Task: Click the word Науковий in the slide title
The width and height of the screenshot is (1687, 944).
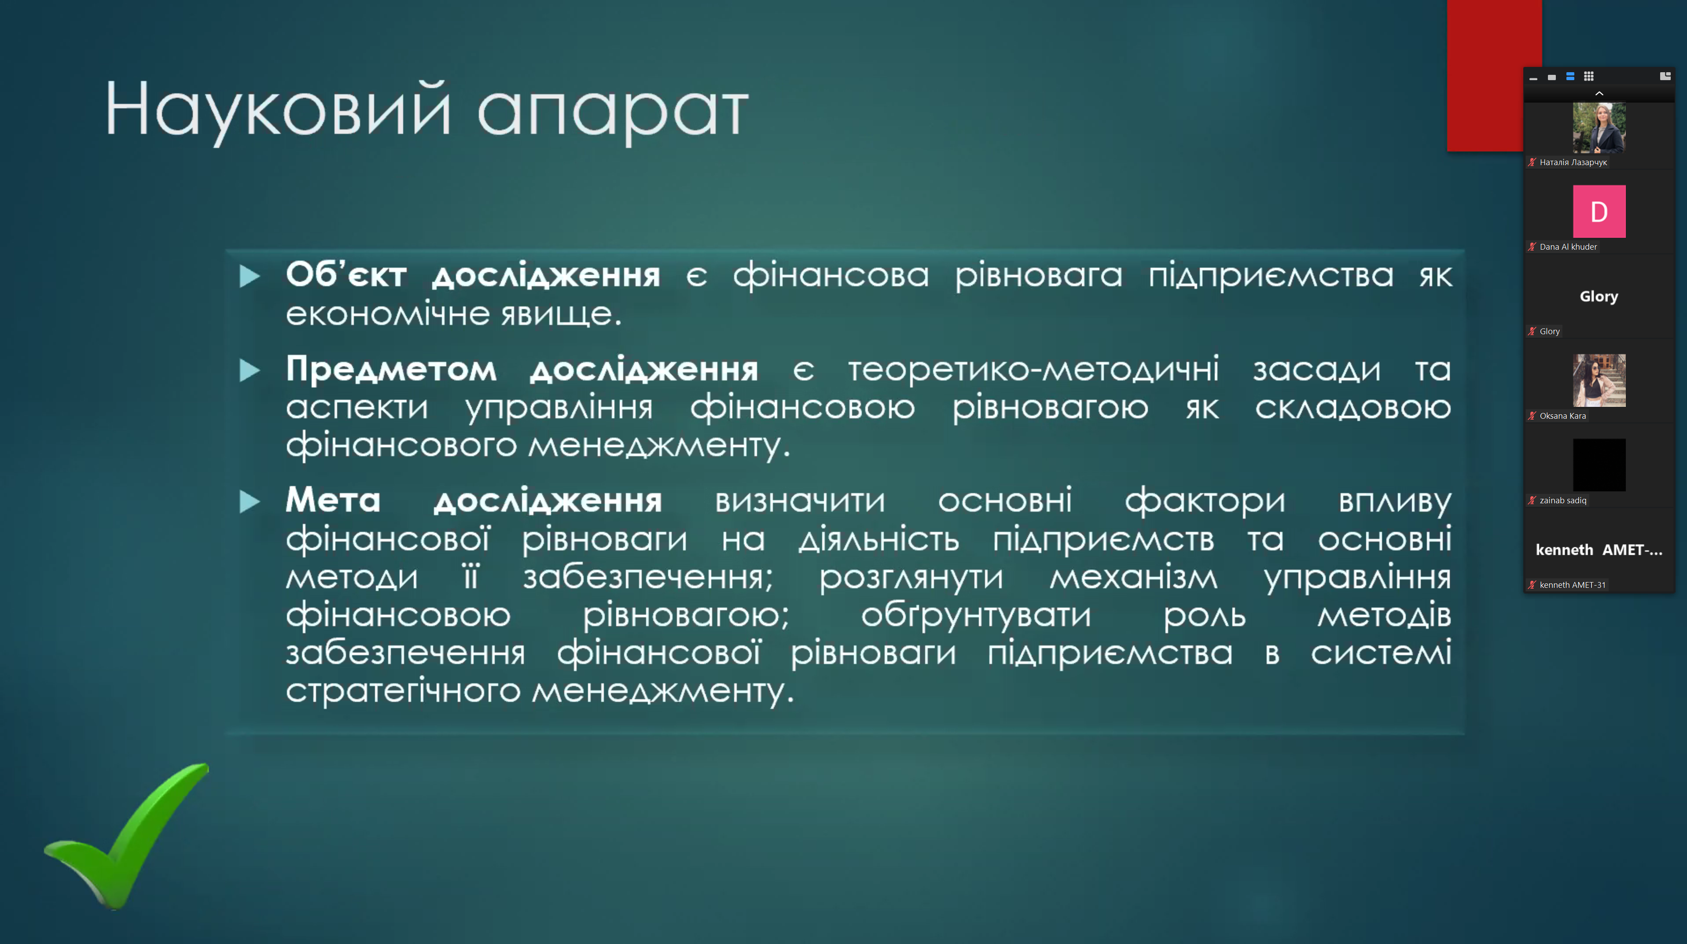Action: pyautogui.click(x=278, y=110)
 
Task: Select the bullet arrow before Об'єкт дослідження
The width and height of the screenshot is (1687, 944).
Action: pyautogui.click(x=250, y=276)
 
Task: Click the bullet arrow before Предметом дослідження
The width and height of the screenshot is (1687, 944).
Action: pyautogui.click(x=250, y=370)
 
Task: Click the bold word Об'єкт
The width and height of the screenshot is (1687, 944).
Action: pyautogui.click(x=346, y=274)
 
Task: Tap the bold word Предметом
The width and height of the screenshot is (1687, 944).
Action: pyautogui.click(x=391, y=369)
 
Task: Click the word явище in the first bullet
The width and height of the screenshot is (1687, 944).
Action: pyautogui.click(x=561, y=314)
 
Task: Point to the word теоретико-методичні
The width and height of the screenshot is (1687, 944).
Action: pyautogui.click(x=1033, y=369)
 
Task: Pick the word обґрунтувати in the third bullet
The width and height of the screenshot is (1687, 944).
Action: pyautogui.click(x=976, y=616)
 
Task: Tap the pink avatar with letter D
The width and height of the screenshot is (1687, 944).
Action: pyautogui.click(x=1599, y=211)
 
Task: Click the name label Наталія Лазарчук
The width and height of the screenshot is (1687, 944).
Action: pyautogui.click(x=1573, y=162)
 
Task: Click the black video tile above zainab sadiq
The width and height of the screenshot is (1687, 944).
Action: pyautogui.click(x=1599, y=465)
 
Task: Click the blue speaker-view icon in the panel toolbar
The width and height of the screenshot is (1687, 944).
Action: pyautogui.click(x=1570, y=77)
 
